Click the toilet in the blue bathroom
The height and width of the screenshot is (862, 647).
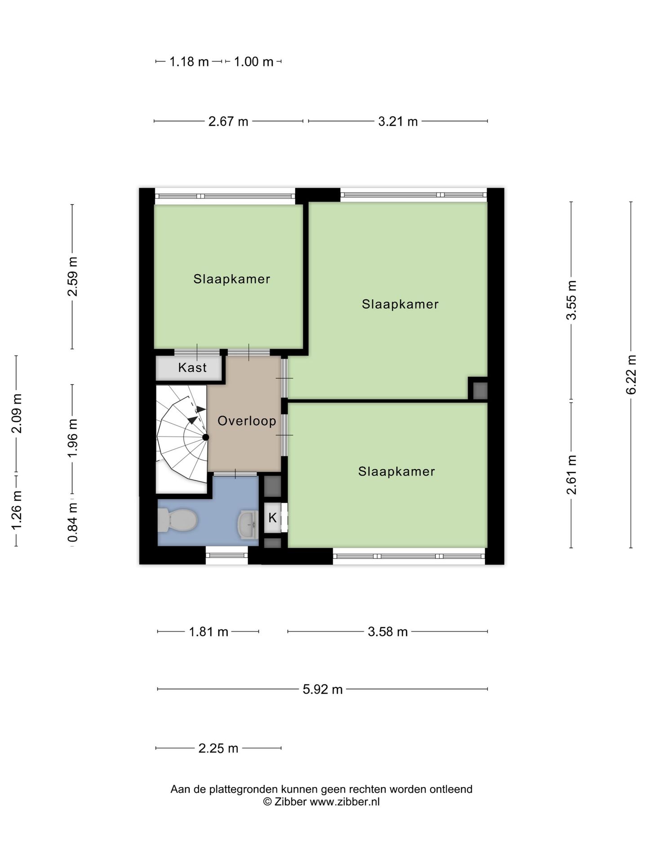point(177,520)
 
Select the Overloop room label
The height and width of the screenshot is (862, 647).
point(247,421)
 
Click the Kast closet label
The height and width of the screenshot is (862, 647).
point(192,367)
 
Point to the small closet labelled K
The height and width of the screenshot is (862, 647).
point(273,518)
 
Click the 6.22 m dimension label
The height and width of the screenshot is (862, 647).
point(631,374)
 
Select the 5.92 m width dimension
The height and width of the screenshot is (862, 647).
point(323,689)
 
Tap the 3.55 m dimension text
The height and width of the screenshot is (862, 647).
point(571,300)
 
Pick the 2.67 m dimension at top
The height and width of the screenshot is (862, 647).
point(228,121)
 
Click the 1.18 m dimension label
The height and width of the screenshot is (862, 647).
point(189,62)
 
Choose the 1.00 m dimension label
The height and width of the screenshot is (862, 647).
point(253,62)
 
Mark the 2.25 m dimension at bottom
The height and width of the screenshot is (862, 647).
point(218,748)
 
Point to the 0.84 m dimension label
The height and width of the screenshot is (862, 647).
point(72,522)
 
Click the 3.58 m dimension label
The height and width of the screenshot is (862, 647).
point(388,632)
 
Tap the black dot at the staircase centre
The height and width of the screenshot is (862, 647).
point(205,437)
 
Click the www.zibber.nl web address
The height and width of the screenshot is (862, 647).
point(345,801)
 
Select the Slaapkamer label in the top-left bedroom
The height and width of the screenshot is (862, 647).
point(232,279)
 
